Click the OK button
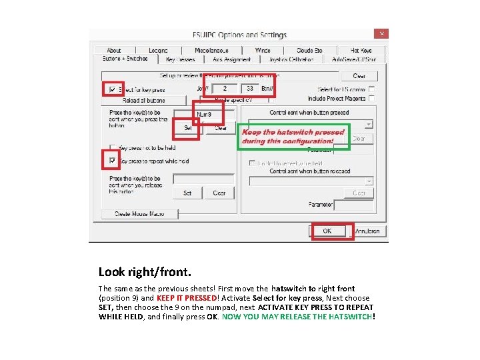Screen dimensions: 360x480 pyautogui.click(x=327, y=231)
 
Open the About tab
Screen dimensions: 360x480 pyautogui.click(x=114, y=50)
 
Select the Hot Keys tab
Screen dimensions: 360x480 pyautogui.click(x=361, y=50)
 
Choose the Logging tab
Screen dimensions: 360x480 pyautogui.click(x=158, y=50)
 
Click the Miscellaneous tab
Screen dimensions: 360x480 pyautogui.click(x=211, y=50)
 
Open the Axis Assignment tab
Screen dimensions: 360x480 pyautogui.click(x=231, y=59)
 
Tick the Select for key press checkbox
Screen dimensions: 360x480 pyautogui.click(x=111, y=89)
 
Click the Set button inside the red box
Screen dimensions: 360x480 pyautogui.click(x=187, y=128)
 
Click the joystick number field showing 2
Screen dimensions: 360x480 pyautogui.click(x=225, y=88)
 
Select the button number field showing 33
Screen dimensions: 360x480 pyautogui.click(x=249, y=88)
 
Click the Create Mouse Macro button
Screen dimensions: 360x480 pyautogui.click(x=139, y=214)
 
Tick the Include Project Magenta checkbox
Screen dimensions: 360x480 pyautogui.click(x=371, y=98)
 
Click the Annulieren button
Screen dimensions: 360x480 pyautogui.click(x=367, y=231)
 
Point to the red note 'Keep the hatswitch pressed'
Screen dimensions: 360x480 pyautogui.click(x=293, y=132)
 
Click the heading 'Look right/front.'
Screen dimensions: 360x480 pyautogui.click(x=145, y=272)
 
